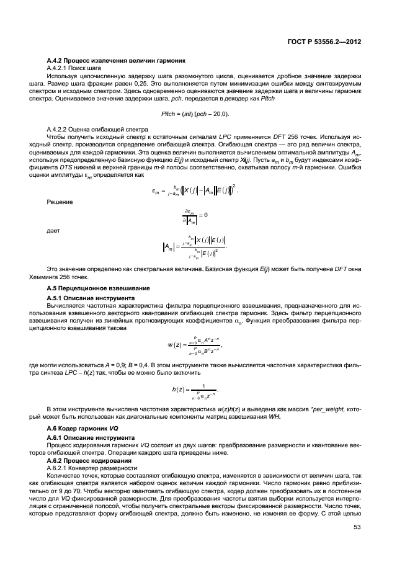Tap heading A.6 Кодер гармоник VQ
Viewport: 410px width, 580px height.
pyautogui.click(x=79, y=429)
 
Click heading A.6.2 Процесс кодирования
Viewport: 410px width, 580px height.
pyautogui.click(x=89, y=461)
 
